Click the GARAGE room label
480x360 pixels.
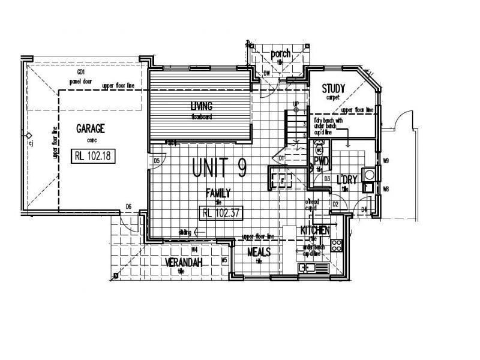point(91,128)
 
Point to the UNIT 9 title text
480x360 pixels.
point(219,168)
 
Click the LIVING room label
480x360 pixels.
point(202,106)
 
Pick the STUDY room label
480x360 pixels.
point(334,89)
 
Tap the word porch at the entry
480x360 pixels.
point(280,54)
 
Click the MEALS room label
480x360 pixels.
point(259,252)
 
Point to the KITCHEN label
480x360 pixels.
point(315,230)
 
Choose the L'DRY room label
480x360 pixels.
point(347,180)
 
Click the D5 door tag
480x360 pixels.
point(157,161)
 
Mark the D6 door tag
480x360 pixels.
point(128,207)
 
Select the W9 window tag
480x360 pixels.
point(386,161)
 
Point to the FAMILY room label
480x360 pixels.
point(219,193)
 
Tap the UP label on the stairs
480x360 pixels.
point(296,104)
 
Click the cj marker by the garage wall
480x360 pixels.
point(30,143)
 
